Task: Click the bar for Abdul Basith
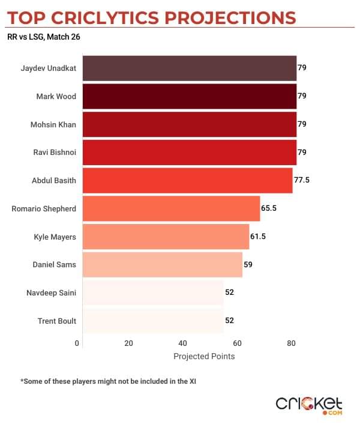pyautogui.click(x=187, y=180)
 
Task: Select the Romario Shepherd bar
pyautogui.click(x=171, y=208)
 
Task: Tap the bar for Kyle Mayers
pyautogui.click(x=166, y=237)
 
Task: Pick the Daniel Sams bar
pyautogui.click(x=162, y=265)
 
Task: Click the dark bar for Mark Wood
pyautogui.click(x=189, y=96)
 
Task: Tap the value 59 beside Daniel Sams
pyautogui.click(x=248, y=265)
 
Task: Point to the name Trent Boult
pyautogui.click(x=57, y=321)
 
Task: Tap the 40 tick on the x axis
pyautogui.click(x=183, y=344)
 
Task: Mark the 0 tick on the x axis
pyautogui.click(x=77, y=344)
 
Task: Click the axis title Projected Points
pyautogui.click(x=204, y=356)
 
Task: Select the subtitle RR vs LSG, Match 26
pyautogui.click(x=44, y=37)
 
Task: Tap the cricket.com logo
pyautogui.click(x=309, y=405)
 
